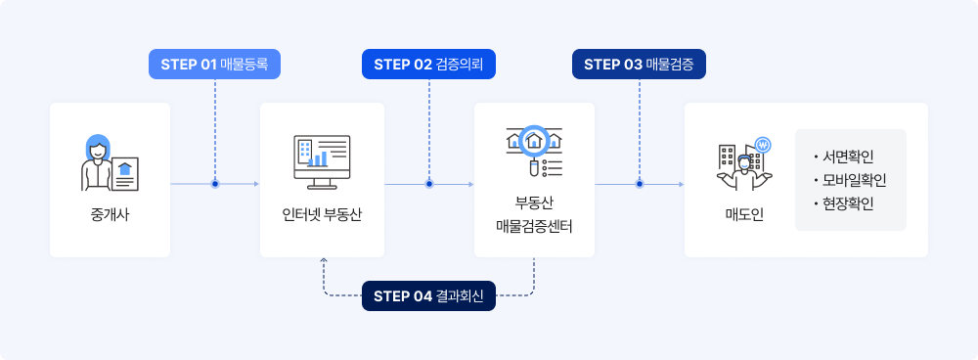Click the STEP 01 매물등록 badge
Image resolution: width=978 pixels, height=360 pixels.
(x=214, y=65)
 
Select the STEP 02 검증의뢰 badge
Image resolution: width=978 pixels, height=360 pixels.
(x=428, y=65)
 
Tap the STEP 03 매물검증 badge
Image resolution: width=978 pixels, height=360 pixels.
(x=639, y=65)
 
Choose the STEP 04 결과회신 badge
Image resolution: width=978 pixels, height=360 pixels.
(x=428, y=295)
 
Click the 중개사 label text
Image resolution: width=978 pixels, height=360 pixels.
(x=110, y=215)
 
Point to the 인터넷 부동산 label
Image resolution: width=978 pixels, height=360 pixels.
(x=322, y=215)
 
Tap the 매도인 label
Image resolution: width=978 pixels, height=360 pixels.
(x=744, y=215)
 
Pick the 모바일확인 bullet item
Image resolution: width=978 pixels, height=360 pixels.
(x=850, y=180)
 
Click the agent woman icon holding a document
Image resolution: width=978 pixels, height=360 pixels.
(x=110, y=162)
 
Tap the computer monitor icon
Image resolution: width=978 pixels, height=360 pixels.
(x=322, y=162)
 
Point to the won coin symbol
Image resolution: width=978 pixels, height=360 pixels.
(x=763, y=146)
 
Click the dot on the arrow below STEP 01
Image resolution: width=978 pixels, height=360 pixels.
(x=214, y=184)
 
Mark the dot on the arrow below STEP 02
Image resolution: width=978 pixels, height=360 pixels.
(x=429, y=184)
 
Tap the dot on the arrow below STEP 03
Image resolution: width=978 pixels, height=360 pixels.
(x=640, y=184)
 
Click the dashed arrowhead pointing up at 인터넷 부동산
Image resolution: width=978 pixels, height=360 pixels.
(x=323, y=259)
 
